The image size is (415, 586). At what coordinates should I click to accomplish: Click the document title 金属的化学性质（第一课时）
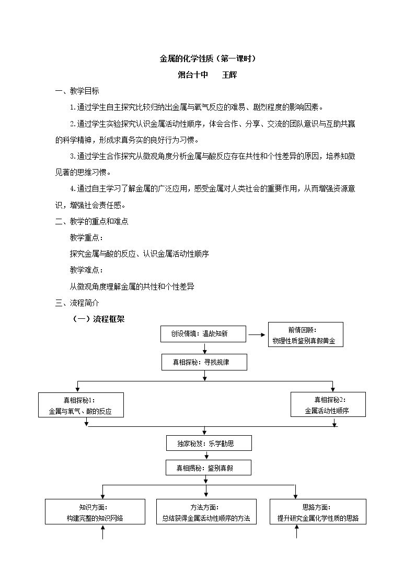pos(208,58)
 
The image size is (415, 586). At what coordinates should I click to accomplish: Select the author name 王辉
pos(229,75)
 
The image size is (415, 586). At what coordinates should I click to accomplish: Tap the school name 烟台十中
pos(193,75)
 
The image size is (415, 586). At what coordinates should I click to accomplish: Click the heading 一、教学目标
pos(77,91)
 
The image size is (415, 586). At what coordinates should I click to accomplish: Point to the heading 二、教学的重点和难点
pos(91,221)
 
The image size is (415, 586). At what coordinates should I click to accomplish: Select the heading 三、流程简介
pos(77,303)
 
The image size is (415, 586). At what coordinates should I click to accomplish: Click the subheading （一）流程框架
pos(98,319)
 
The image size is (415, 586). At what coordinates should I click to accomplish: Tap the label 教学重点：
pos(86,238)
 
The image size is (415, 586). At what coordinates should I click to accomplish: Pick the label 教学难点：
pos(86,270)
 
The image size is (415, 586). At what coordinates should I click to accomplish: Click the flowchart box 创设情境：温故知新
pos(203,334)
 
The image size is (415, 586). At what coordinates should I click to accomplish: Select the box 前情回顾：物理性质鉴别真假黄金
pos(305,335)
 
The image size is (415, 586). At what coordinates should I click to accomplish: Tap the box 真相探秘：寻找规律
pos(204,362)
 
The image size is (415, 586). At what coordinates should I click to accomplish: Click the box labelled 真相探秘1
pos(81,405)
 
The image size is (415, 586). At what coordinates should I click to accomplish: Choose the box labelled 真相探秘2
pos(328,404)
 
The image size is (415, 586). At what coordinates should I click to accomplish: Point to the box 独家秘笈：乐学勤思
pos(209,443)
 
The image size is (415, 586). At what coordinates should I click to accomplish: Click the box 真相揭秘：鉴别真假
pos(209,468)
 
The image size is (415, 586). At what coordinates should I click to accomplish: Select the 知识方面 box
pos(95,511)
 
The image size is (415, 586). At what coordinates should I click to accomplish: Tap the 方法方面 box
pos(206,511)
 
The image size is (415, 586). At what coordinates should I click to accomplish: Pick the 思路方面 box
pos(318,511)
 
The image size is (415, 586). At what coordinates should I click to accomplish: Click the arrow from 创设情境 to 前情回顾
pos(257,335)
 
